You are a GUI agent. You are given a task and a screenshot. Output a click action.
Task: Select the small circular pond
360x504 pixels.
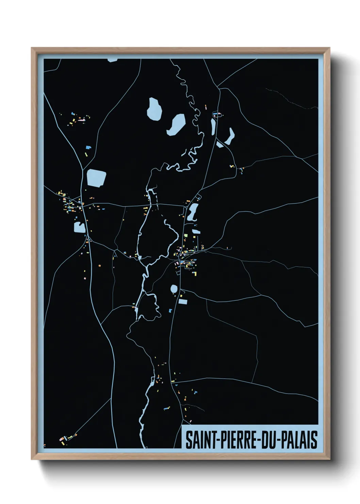[x=174, y=289]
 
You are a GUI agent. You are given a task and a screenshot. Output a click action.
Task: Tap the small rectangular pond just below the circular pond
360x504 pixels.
[x=183, y=302]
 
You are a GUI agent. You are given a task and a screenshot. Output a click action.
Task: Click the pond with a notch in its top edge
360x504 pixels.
[x=80, y=227]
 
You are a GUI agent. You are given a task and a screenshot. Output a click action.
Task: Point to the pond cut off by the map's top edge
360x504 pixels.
[x=112, y=60]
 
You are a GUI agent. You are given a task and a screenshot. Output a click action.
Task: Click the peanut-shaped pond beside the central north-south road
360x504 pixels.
[x=193, y=212]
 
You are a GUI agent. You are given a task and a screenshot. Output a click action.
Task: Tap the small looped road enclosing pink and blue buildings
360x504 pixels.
[x=217, y=114]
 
